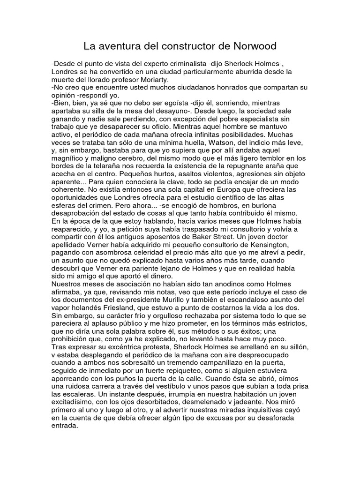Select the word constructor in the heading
[x=180, y=46]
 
